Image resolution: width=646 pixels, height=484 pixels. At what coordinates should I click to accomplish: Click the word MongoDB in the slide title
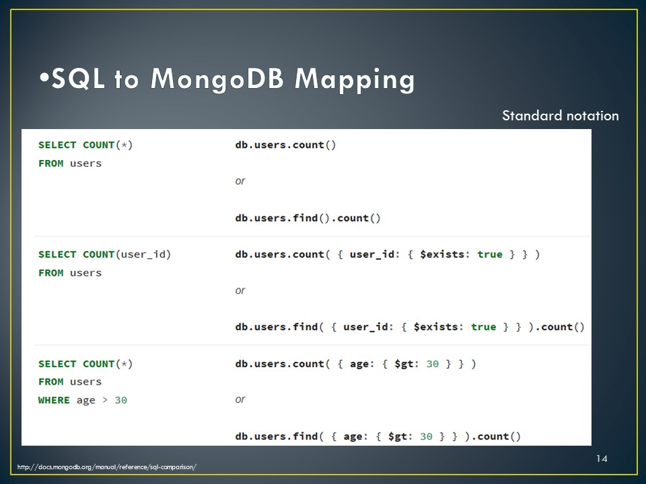[x=217, y=79]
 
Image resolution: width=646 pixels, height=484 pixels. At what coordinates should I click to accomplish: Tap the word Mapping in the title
[x=355, y=80]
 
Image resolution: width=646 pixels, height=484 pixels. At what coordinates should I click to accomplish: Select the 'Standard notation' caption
[x=561, y=116]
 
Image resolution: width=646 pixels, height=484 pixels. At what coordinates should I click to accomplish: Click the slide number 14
[x=602, y=458]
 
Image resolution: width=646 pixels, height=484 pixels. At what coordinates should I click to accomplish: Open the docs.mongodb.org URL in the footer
[x=107, y=467]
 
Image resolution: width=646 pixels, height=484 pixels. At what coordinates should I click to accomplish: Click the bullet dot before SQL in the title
[x=44, y=77]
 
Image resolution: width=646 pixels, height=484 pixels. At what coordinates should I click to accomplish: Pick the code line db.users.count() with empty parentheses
[x=285, y=145]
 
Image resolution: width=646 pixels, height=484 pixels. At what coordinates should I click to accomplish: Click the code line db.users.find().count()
[x=308, y=218]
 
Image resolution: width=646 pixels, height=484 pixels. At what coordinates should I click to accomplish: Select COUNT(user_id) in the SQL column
[x=127, y=255]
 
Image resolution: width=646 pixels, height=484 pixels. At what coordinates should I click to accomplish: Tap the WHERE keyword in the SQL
[x=54, y=400]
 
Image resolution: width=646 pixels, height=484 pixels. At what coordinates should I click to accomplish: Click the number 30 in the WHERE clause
[x=120, y=400]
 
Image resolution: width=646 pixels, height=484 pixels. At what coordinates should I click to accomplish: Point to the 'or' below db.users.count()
[x=240, y=181]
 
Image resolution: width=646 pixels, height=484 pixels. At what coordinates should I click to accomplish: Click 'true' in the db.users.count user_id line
[x=490, y=254]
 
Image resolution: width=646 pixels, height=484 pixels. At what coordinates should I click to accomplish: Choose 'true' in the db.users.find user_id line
[x=484, y=327]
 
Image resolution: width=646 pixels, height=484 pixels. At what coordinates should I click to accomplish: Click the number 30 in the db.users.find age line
[x=426, y=436]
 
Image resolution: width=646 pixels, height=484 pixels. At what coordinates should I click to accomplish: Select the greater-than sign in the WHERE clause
[x=105, y=400]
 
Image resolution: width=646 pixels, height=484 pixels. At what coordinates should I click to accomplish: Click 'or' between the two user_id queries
[x=240, y=290]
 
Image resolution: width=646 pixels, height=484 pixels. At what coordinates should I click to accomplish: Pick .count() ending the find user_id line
[x=559, y=327]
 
